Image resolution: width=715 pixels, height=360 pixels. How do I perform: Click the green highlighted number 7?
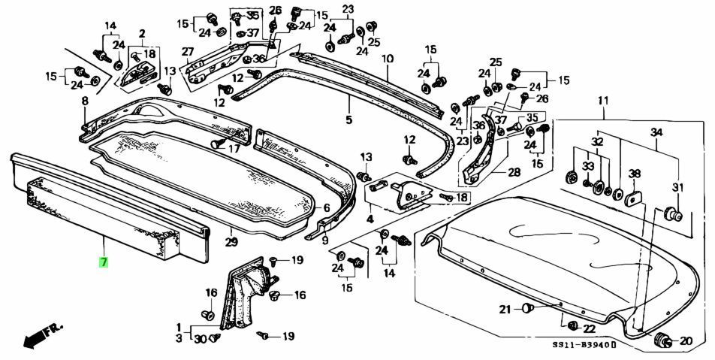point(104,262)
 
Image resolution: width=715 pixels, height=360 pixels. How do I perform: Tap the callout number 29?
point(232,242)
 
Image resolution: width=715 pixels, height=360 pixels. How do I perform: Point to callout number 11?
point(603,101)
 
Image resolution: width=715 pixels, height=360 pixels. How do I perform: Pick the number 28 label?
point(514,172)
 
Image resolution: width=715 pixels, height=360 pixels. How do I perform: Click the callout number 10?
point(388,59)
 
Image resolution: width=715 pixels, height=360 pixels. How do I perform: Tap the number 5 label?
point(348,119)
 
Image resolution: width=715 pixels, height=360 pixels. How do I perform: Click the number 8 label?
point(85,101)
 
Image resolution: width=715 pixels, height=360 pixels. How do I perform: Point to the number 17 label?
point(234,149)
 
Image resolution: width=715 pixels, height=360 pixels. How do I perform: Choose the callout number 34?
point(656,132)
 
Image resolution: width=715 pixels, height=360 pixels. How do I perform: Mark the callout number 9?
point(325,241)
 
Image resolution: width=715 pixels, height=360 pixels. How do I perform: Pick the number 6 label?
point(326,208)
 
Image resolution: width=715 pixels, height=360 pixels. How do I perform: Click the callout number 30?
point(199,340)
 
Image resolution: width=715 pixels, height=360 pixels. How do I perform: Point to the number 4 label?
point(370,219)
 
